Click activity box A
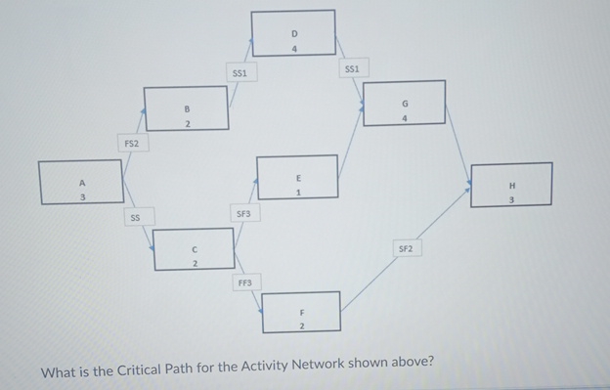tap(81, 183)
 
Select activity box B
tap(186, 108)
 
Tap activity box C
tap(194, 247)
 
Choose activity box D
tap(293, 32)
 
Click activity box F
tap(301, 312)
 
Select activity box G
tap(404, 103)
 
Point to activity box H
tap(510, 185)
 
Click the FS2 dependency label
tap(131, 144)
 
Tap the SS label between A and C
tap(136, 217)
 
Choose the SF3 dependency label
tap(243, 213)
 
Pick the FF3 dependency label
tap(245, 282)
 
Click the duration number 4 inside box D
tap(293, 47)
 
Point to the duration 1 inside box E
tap(298, 193)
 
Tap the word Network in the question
tap(306, 367)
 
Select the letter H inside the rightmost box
tap(511, 185)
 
